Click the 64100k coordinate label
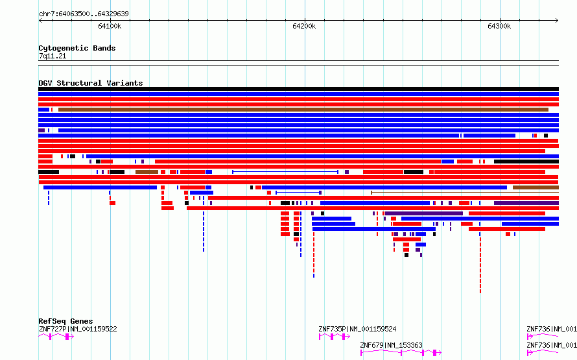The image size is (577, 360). point(110,26)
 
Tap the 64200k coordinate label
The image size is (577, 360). point(304,26)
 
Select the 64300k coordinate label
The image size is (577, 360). point(499,26)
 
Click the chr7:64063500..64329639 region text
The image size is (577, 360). point(84,14)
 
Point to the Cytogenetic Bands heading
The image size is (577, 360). point(77,48)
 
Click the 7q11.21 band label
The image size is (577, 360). point(53,56)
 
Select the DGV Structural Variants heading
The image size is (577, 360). point(91,83)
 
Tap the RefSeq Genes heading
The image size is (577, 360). point(65,321)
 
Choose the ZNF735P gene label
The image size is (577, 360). point(333,329)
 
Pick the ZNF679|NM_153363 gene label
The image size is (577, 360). point(391,345)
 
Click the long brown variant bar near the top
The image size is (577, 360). point(303,110)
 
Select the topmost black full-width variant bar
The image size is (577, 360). point(298,89)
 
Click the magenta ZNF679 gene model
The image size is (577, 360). point(401,353)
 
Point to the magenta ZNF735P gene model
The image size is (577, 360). point(334,337)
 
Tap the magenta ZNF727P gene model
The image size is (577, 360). point(56,337)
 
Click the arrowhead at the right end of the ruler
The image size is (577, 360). point(557,21)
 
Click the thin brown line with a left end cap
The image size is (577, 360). point(465,193)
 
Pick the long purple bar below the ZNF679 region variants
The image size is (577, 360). point(424,213)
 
